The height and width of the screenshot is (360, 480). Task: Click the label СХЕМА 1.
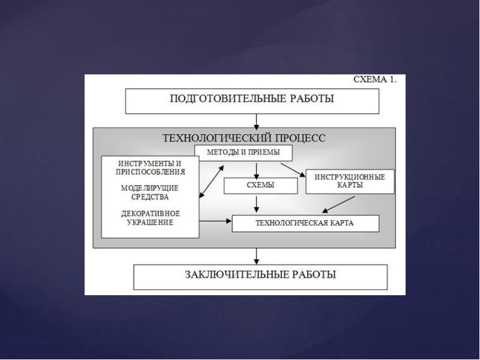point(374,80)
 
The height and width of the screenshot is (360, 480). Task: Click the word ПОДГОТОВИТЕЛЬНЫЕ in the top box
point(217,99)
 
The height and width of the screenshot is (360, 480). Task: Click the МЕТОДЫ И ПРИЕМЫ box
point(243,153)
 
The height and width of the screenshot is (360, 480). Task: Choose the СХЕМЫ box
point(260,186)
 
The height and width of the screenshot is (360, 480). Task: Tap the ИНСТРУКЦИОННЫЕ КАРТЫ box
point(350,181)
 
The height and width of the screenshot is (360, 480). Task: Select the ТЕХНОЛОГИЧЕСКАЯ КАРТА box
point(305,224)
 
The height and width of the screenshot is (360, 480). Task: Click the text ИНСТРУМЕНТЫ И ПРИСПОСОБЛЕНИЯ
point(150,167)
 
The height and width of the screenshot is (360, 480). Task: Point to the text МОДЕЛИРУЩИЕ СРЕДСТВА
point(150,192)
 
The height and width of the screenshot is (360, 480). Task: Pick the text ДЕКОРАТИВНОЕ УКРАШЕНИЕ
point(150,217)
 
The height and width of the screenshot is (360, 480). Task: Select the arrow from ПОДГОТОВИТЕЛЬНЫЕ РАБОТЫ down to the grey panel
point(257,121)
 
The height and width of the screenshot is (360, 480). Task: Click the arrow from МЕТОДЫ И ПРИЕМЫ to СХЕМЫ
point(257,170)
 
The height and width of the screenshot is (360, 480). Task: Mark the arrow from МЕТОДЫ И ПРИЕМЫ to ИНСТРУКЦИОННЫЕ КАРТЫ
point(292,169)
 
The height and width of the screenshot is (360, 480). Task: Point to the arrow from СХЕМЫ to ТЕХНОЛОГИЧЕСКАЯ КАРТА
point(257,205)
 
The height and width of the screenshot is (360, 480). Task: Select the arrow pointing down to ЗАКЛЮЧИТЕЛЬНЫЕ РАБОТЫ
point(257,256)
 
